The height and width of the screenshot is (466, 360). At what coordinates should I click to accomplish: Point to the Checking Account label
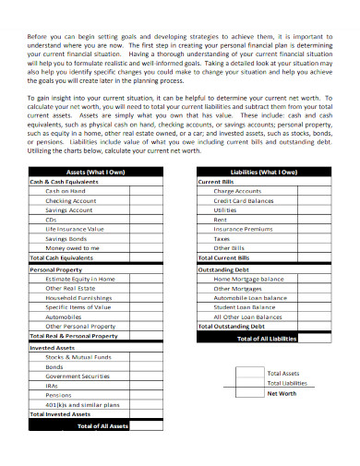71,200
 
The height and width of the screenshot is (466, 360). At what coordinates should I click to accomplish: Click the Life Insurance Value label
75,228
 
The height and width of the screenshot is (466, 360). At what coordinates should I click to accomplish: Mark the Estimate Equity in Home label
80,278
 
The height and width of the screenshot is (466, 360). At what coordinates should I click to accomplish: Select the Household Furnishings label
79,297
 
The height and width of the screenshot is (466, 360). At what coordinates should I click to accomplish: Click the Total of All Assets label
101,426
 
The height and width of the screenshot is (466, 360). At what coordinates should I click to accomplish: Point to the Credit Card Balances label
244,200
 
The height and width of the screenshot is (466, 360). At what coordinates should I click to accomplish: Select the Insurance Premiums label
243,229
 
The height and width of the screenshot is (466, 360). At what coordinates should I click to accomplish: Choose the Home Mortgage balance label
248,278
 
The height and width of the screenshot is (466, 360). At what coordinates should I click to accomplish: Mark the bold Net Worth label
282,393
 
